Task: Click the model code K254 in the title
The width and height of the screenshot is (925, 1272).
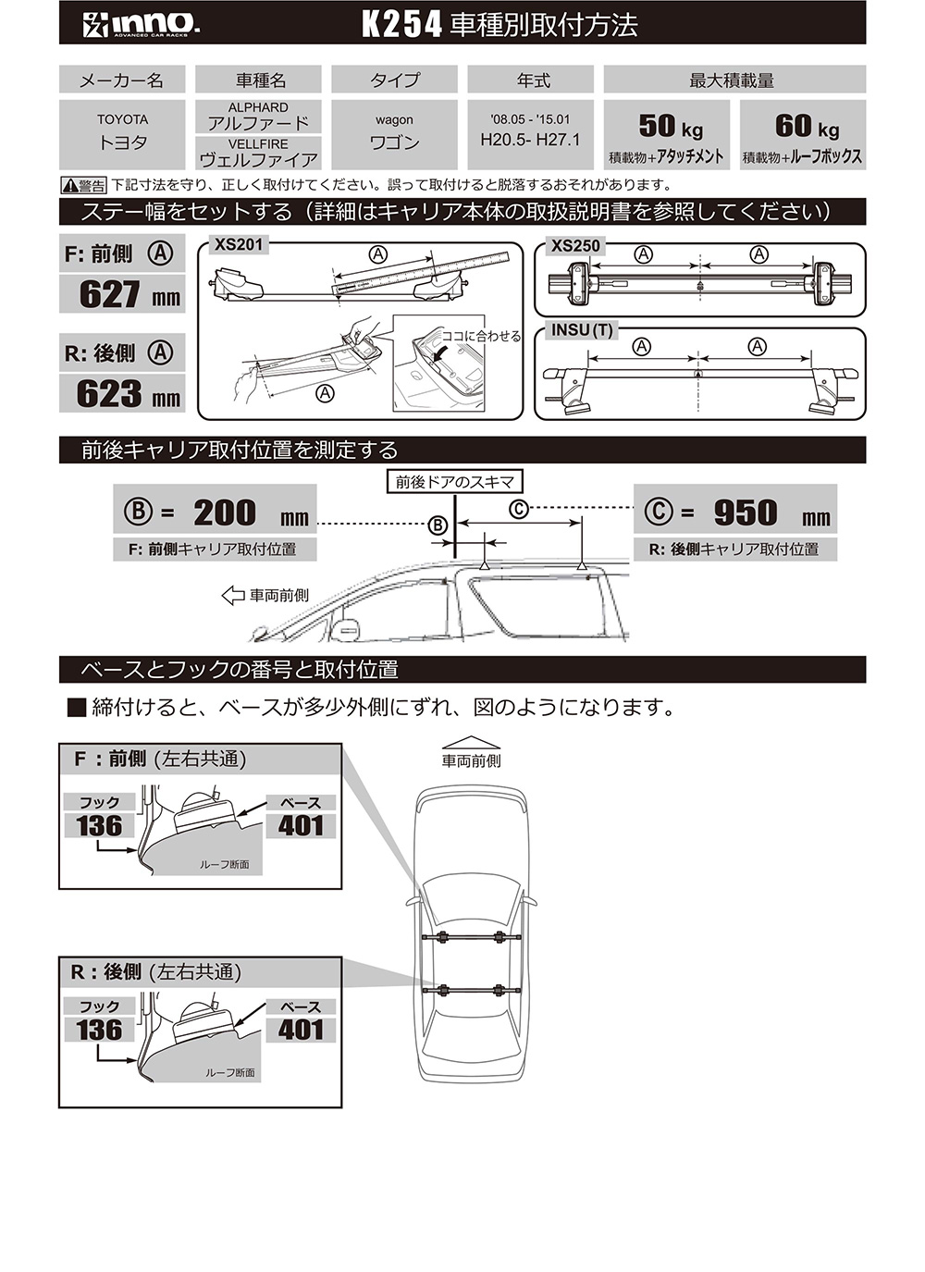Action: pyautogui.click(x=401, y=25)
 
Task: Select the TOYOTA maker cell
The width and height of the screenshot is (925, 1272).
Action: pyautogui.click(x=122, y=133)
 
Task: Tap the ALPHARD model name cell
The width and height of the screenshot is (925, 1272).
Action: pyautogui.click(x=258, y=117)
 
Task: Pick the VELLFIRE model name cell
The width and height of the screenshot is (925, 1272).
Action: pyautogui.click(x=258, y=153)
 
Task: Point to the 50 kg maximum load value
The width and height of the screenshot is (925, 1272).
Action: pyautogui.click(x=670, y=127)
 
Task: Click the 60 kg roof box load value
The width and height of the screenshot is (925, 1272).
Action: pyautogui.click(x=806, y=127)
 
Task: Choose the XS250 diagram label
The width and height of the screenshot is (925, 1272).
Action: pyautogui.click(x=575, y=246)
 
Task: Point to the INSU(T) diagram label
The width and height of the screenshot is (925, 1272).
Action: pyautogui.click(x=582, y=330)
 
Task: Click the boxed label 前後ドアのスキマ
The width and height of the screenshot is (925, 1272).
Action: pyautogui.click(x=454, y=482)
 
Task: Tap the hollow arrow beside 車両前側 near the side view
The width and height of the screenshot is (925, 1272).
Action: pyautogui.click(x=232, y=596)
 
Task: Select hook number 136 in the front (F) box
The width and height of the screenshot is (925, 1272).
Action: pyautogui.click(x=99, y=825)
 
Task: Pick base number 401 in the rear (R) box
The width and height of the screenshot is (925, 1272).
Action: pyautogui.click(x=301, y=1030)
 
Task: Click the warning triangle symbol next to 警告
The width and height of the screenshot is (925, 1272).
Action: pyautogui.click(x=69, y=186)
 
